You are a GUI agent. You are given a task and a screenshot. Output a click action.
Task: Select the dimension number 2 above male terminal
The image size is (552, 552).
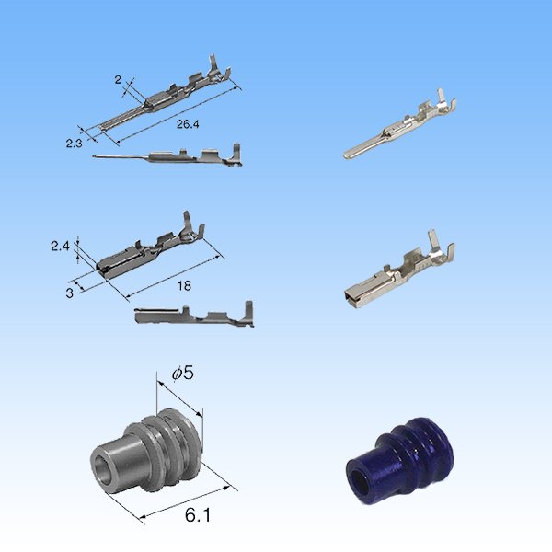point(119,80)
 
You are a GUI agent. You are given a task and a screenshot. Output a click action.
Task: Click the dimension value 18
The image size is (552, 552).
point(184,286)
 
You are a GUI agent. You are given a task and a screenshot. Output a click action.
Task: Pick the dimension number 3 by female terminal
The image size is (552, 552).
point(69,293)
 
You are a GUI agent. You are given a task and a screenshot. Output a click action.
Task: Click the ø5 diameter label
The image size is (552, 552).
point(182,373)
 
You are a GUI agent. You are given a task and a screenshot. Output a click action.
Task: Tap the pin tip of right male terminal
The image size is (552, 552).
point(348,153)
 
